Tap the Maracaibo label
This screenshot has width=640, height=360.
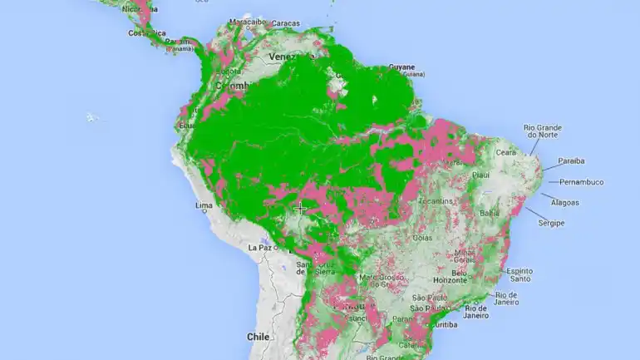247,21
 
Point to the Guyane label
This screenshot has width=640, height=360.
401,67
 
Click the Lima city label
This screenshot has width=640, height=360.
203,205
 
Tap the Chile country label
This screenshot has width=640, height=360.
258,337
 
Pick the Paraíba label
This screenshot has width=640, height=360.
570,161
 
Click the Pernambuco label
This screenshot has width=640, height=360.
581,182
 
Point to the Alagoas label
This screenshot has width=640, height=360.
564,202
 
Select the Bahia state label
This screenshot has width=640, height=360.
490,214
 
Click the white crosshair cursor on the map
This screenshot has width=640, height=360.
300,209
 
